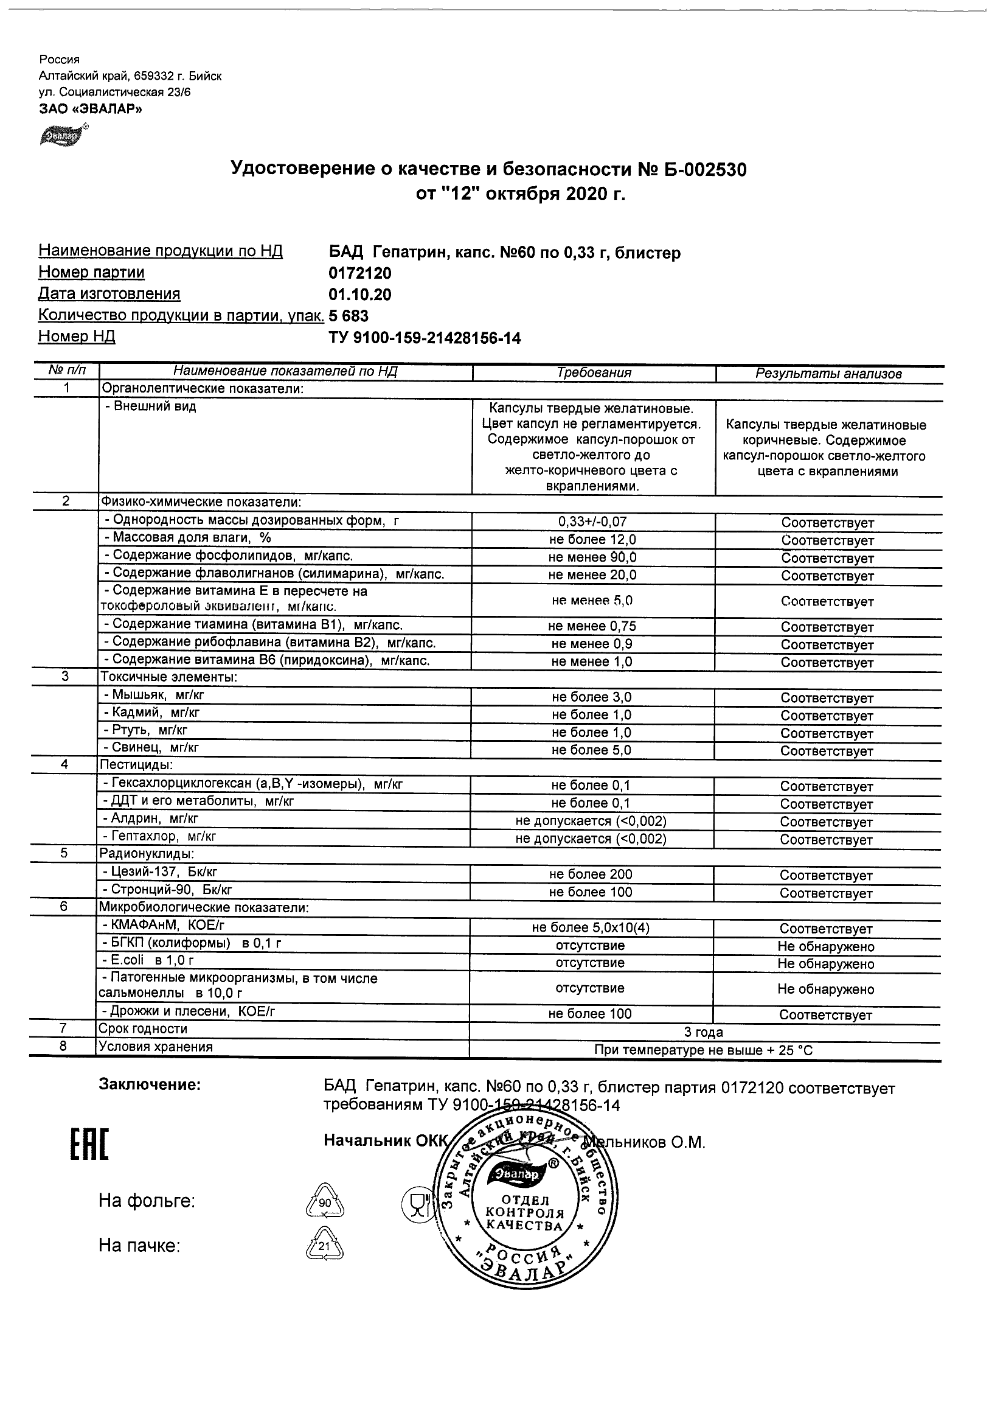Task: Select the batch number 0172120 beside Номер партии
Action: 360,273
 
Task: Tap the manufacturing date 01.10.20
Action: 360,295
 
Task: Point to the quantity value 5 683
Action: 349,316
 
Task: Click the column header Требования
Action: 593,373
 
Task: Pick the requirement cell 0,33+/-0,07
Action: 593,522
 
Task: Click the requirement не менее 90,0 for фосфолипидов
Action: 592,557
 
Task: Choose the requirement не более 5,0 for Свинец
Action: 591,750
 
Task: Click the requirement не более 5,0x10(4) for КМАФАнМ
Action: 591,928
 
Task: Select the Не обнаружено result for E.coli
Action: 825,964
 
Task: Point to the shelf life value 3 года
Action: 703,1032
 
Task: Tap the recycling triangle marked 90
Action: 325,1202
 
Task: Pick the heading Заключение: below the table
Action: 150,1085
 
